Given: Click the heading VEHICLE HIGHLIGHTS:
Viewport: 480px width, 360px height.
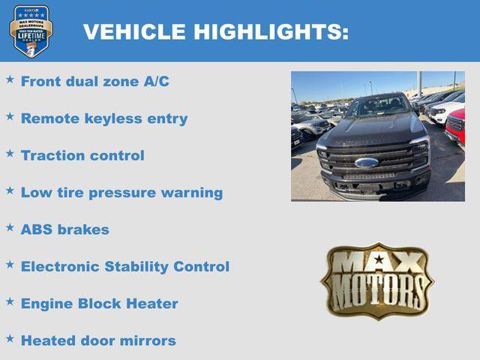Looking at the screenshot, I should [215, 32].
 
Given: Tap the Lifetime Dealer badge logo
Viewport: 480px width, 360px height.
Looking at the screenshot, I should [31, 31].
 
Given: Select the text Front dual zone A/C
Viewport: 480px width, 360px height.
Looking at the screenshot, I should [94, 82].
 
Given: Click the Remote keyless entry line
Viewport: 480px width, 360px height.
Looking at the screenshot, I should [104, 118].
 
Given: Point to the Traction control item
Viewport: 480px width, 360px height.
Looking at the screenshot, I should [82, 156].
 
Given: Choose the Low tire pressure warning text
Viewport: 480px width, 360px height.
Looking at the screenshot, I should [121, 193].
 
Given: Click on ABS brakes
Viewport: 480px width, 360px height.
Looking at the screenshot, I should [64, 229].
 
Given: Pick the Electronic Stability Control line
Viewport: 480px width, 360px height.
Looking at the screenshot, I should [124, 266].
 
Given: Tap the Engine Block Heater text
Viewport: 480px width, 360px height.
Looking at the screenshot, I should [99, 304].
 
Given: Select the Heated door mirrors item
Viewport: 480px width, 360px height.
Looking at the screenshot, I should [98, 340].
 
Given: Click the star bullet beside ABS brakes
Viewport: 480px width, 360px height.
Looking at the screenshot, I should [10, 226].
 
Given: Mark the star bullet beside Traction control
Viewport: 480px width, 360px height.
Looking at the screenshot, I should [10, 153].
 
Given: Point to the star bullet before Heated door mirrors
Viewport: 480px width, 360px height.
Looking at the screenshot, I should [10, 337].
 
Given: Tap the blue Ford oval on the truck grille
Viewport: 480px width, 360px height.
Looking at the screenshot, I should [367, 162].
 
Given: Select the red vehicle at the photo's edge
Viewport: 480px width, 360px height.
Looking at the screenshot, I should [456, 126].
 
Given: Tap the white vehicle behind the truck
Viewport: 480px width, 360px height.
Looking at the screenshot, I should [447, 112].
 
